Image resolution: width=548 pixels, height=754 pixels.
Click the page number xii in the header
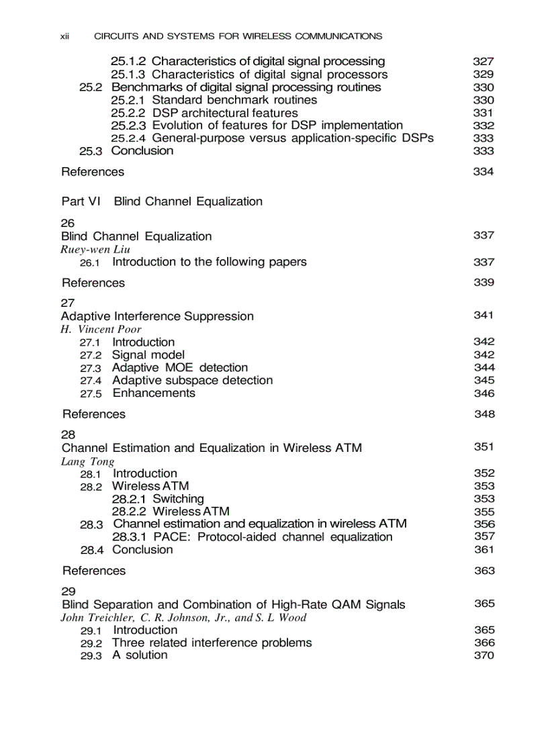pyautogui.click(x=65, y=36)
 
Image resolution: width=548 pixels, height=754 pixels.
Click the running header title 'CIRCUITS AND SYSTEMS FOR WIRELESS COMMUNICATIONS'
pyautogui.click(x=238, y=36)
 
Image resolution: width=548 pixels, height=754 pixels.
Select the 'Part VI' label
pyautogui.click(x=81, y=201)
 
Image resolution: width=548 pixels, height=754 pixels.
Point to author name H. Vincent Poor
pyautogui.click(x=101, y=329)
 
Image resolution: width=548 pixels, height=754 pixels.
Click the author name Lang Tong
pyautogui.click(x=87, y=461)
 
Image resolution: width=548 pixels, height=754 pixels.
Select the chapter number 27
pyautogui.click(x=68, y=303)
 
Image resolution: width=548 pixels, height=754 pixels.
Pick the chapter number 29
pyautogui.click(x=68, y=591)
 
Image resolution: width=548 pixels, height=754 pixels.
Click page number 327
pyautogui.click(x=483, y=61)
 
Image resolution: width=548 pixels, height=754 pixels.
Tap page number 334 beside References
pyautogui.click(x=483, y=172)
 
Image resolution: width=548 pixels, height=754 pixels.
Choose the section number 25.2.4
pyautogui.click(x=128, y=138)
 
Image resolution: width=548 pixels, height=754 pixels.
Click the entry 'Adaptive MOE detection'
pyautogui.click(x=179, y=367)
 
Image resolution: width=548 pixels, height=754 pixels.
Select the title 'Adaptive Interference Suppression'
pyautogui.click(x=157, y=316)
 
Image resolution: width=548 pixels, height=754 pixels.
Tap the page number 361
pyautogui.click(x=484, y=550)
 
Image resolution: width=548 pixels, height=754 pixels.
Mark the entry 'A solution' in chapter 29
pyautogui.click(x=140, y=655)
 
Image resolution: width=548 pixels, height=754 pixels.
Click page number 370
pyautogui.click(x=484, y=655)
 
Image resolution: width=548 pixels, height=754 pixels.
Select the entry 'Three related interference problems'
pyautogui.click(x=212, y=643)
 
